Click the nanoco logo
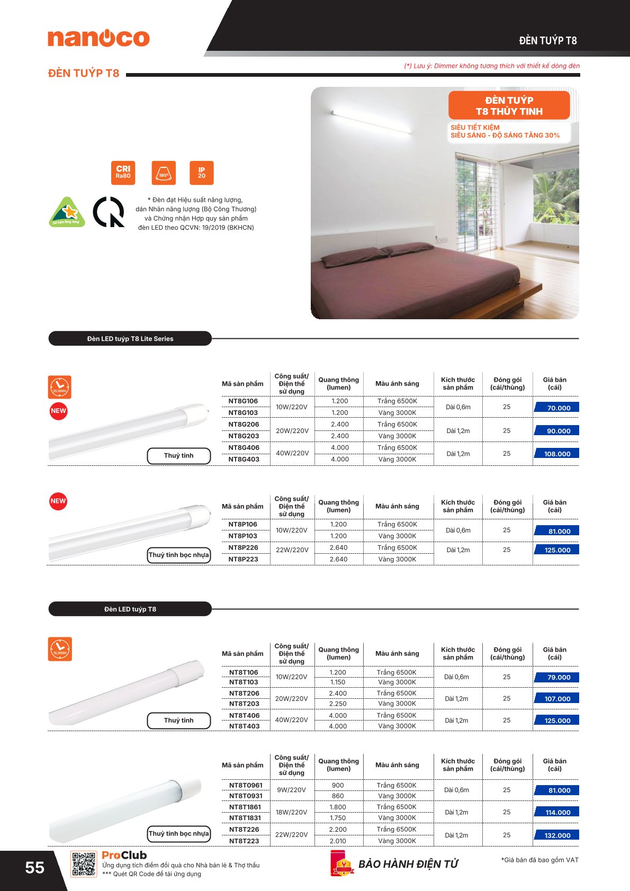pos(98,38)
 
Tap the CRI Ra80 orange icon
pos(123,173)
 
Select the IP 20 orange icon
pos(201,173)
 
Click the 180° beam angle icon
pos(164,173)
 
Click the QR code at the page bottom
pos(84,864)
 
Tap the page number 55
pos(34,868)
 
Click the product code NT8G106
pos(243,401)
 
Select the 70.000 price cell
pos(556,408)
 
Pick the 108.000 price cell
pos(556,454)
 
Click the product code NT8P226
pos(243,547)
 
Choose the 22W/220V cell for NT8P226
pos(292,550)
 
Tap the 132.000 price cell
pos(556,835)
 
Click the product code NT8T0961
pos(246,785)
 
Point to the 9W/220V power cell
pos(291,790)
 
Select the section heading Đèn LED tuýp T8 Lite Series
pos(130,339)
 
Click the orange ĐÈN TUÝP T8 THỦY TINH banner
pos(509,105)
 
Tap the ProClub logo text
pos(124,855)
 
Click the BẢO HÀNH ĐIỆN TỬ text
pos(408,864)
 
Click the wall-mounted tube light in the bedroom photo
pos(371,121)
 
